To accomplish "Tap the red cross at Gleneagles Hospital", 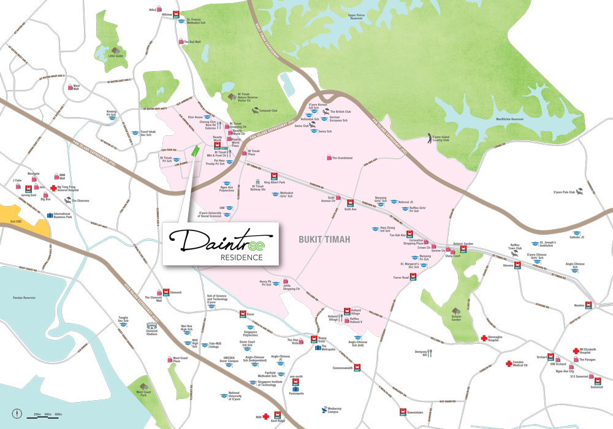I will pyautogui.click(x=484, y=338).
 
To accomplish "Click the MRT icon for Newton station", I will pyautogui.click(x=588, y=304).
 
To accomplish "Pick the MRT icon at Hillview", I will pyautogui.click(x=177, y=14).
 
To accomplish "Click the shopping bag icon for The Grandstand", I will pyautogui.click(x=329, y=158).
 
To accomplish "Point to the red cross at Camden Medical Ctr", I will pyautogui.click(x=508, y=363).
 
